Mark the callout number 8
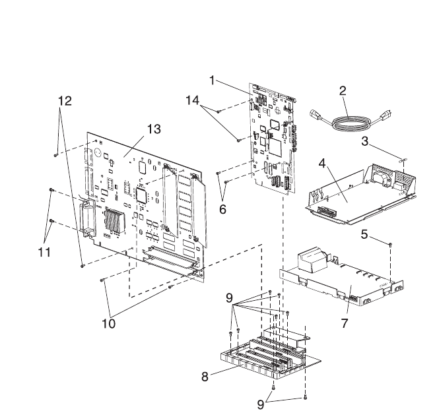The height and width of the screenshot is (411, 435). point(207,377)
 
